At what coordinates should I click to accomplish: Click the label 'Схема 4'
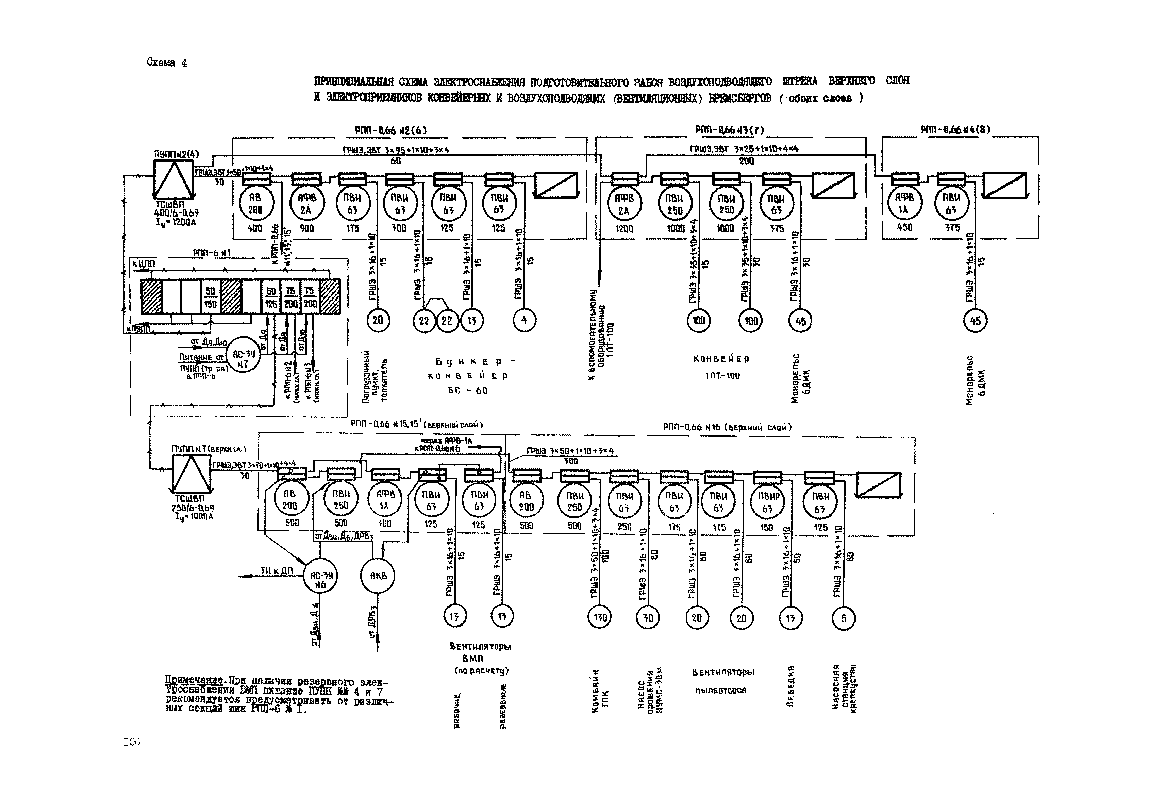167,63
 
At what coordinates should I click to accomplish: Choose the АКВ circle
378,576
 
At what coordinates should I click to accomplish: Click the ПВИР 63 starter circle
767,502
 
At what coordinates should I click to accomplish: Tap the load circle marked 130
600,617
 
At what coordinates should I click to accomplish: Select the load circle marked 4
524,320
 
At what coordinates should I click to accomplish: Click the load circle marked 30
648,617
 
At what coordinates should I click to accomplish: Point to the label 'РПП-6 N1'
212,253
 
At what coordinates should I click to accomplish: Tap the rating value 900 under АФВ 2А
306,228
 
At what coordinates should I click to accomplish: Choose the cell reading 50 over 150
211,297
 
